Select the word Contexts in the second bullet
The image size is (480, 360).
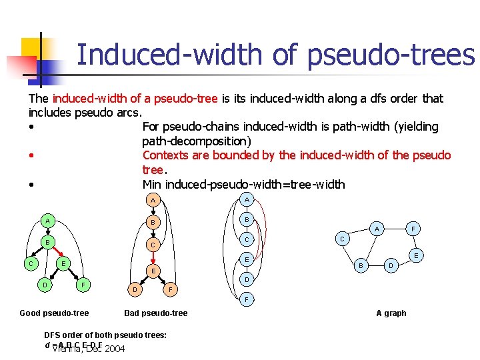pyautogui.click(x=167, y=155)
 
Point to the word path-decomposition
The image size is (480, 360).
pyautogui.click(x=196, y=141)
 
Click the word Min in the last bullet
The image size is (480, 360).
pyautogui.click(x=154, y=184)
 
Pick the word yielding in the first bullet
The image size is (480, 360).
pyautogui.click(x=415, y=127)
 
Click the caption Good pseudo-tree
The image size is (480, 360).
pyautogui.click(x=54, y=313)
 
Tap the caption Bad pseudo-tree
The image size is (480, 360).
pyautogui.click(x=156, y=313)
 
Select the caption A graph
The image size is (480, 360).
pyautogui.click(x=391, y=313)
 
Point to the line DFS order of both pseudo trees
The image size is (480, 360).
pyautogui.click(x=105, y=335)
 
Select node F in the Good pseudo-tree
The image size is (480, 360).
pyautogui.click(x=82, y=285)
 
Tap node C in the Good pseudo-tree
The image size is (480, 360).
pyautogui.click(x=30, y=264)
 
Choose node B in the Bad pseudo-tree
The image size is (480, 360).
pyautogui.click(x=153, y=222)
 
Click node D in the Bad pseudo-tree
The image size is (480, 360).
pyautogui.click(x=135, y=290)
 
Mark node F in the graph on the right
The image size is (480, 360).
pyautogui.click(x=413, y=227)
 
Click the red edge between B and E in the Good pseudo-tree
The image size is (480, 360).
pyautogui.click(x=55, y=252)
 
